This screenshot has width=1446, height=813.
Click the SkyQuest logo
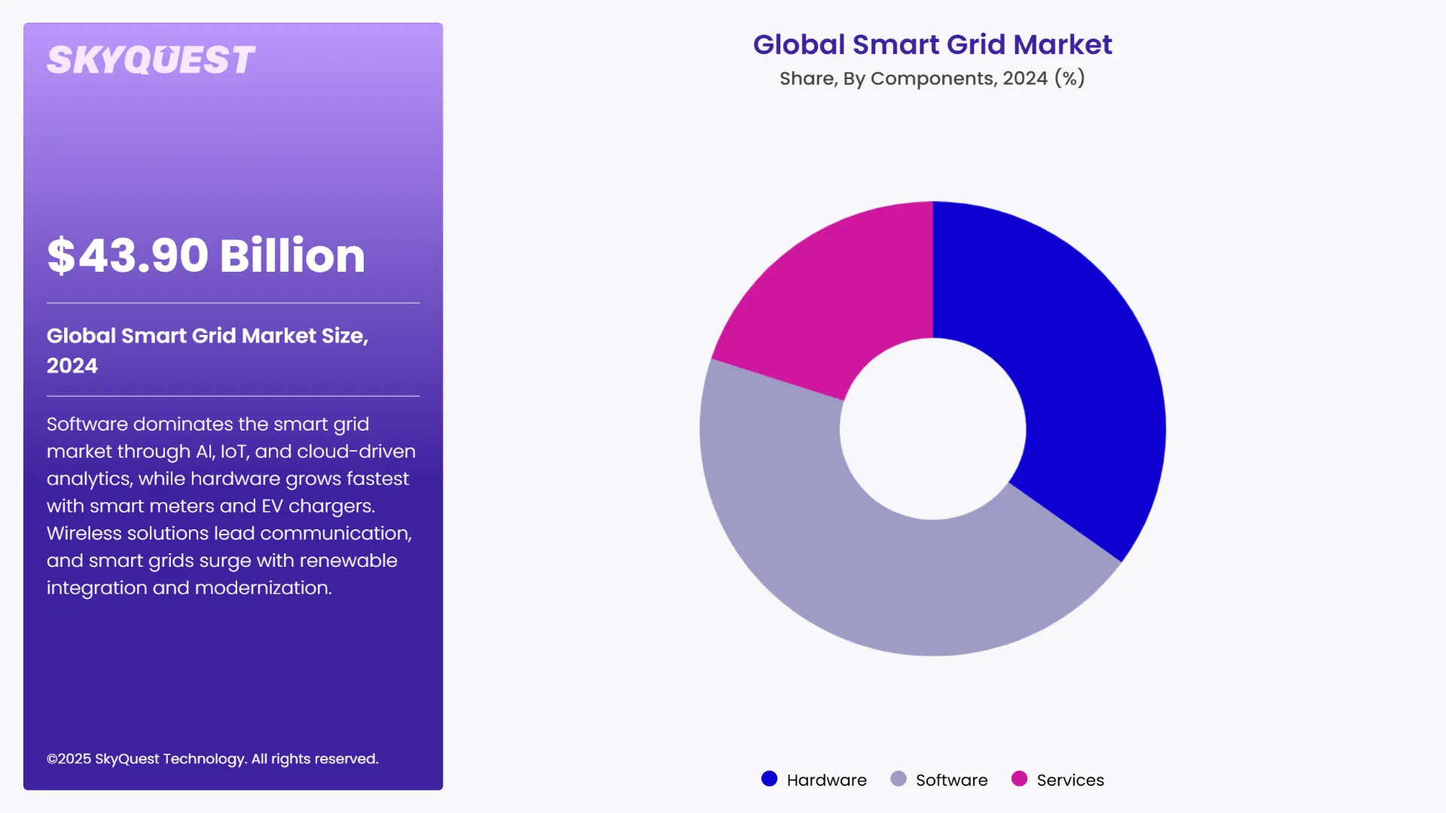click(151, 60)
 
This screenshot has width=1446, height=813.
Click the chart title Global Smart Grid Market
click(932, 44)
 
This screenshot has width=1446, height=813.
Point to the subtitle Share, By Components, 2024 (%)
click(932, 78)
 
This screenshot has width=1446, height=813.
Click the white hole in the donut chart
click(932, 429)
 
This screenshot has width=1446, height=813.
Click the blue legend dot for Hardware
click(769, 779)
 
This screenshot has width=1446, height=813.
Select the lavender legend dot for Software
click(898, 779)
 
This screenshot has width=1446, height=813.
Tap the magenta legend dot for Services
click(1019, 779)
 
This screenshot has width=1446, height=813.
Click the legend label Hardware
click(826, 781)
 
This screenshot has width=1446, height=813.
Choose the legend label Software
click(951, 781)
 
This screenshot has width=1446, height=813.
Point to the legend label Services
click(1070, 781)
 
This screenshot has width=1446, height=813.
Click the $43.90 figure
click(128, 256)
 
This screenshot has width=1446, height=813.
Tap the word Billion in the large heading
click(292, 256)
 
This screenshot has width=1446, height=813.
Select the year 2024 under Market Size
click(72, 366)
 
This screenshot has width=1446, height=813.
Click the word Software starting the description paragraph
click(87, 425)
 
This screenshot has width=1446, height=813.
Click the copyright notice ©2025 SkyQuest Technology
click(212, 759)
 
